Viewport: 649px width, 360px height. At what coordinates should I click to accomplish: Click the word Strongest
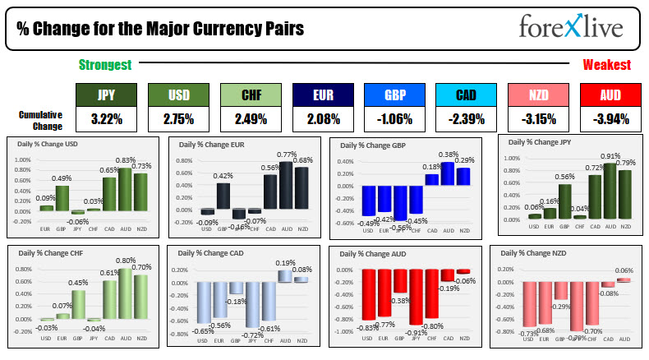pyautogui.click(x=104, y=65)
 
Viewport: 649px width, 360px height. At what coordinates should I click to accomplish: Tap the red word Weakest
pyautogui.click(x=606, y=65)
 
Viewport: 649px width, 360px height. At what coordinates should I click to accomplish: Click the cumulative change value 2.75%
pyautogui.click(x=177, y=119)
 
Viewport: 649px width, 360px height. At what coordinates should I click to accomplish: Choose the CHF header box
pyautogui.click(x=249, y=96)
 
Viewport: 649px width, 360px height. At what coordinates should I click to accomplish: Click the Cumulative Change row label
pyautogui.click(x=40, y=120)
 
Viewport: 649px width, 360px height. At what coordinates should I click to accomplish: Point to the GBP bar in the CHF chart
pyautogui.click(x=79, y=303)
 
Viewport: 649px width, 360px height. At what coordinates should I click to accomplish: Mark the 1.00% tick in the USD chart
pyautogui.click(x=25, y=159)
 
